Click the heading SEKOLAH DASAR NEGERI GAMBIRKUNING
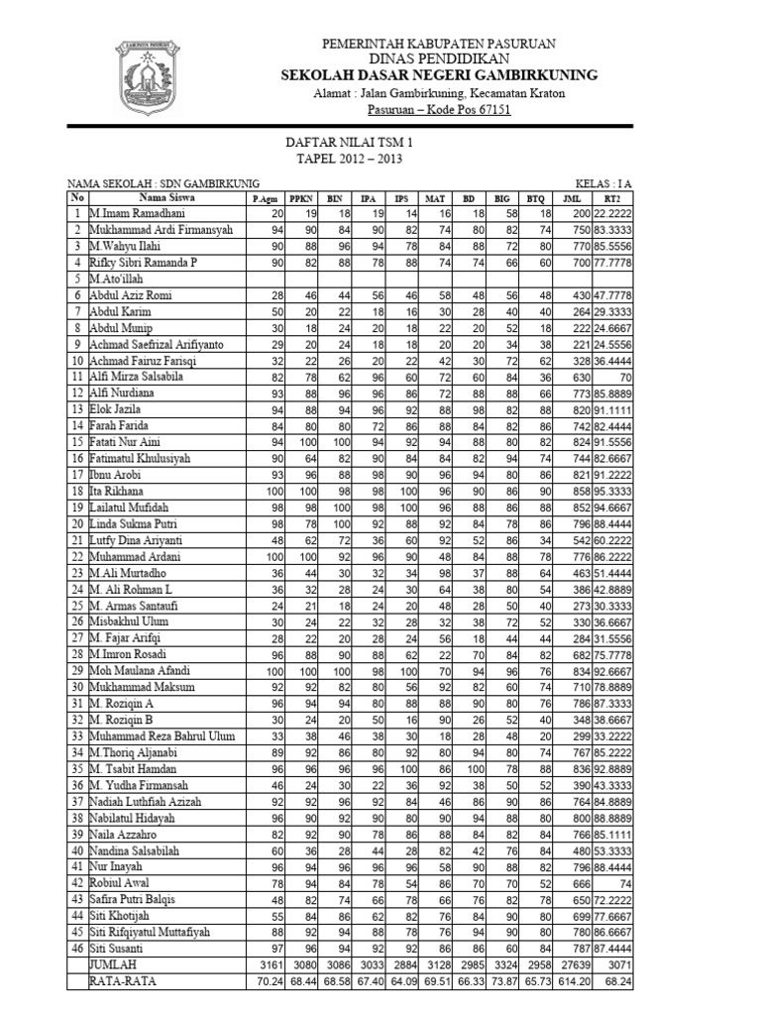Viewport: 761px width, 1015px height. tap(439, 74)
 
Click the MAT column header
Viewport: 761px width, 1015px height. tap(434, 199)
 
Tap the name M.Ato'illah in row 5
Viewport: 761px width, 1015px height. tap(116, 279)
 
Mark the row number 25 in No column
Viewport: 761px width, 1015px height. tap(76, 605)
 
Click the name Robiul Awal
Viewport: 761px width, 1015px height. tap(119, 882)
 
